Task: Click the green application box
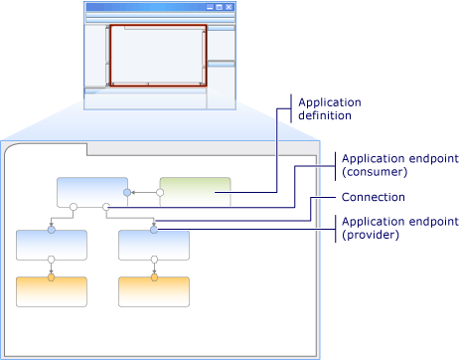click(195, 192)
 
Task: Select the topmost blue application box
click(92, 192)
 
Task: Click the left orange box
click(52, 291)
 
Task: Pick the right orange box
click(154, 291)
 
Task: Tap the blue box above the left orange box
click(52, 245)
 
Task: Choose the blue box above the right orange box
click(154, 245)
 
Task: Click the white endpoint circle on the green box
click(159, 192)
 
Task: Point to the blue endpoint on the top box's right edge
click(126, 192)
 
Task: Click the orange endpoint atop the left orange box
click(52, 277)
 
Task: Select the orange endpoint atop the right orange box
click(154, 277)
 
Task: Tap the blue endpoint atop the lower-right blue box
click(154, 230)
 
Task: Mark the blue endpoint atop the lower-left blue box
click(52, 230)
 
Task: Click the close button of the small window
click(230, 7)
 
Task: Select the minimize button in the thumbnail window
click(210, 7)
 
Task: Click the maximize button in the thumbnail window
click(220, 7)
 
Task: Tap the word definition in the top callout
click(363, 115)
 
